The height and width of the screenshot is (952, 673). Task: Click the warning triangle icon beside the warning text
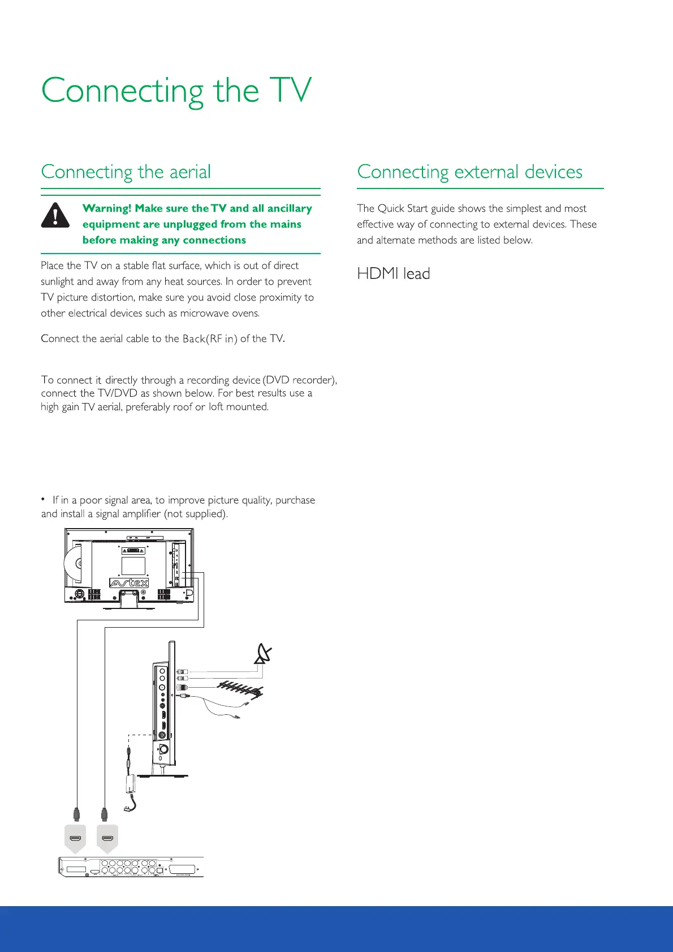point(55,216)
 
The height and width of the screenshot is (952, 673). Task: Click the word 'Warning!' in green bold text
point(107,208)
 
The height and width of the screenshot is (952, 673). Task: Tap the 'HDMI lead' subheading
point(394,274)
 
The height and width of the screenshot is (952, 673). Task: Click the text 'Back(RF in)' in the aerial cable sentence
point(210,338)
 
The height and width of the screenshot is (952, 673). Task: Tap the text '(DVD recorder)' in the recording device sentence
point(300,380)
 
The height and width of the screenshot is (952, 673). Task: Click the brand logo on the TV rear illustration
point(129,582)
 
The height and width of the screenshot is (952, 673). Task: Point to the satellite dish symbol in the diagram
point(264,653)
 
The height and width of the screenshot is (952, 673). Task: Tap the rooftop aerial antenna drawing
point(240,689)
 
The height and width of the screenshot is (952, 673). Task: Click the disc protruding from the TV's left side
point(71,564)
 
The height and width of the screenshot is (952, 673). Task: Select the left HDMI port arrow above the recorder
point(76,838)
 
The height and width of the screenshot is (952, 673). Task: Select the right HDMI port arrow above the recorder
point(107,838)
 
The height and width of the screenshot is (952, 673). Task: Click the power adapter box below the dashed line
point(130,784)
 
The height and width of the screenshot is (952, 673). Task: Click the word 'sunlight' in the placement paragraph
point(57,281)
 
